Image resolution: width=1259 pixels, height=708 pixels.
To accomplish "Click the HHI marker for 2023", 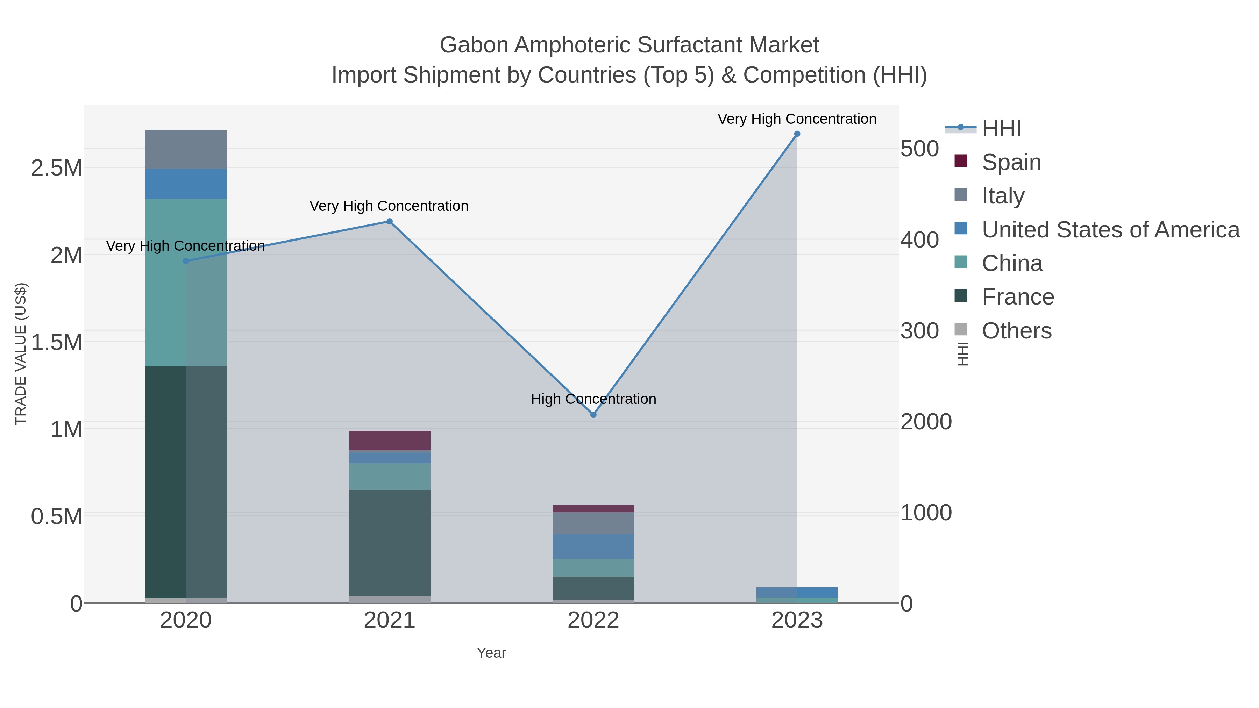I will [x=797, y=134].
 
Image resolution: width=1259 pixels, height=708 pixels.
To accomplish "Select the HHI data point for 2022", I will [x=593, y=415].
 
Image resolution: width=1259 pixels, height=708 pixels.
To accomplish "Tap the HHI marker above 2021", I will [x=390, y=221].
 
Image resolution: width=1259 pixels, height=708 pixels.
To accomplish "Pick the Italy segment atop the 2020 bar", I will [x=186, y=149].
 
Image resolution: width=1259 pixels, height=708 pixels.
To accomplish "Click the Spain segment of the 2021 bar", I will [x=390, y=440].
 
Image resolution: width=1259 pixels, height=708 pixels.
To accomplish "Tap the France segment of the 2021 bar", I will [x=390, y=542].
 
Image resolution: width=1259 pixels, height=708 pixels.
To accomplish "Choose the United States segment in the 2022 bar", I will [x=593, y=546].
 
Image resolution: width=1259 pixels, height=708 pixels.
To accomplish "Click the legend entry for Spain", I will [x=1011, y=162].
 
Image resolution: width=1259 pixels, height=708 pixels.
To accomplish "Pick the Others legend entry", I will [x=1016, y=331].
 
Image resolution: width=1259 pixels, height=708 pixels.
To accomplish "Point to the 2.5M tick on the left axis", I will [x=57, y=168].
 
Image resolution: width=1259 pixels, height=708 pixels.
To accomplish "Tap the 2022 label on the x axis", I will [x=593, y=621].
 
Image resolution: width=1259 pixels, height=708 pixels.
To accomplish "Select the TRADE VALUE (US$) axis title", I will [x=21, y=354].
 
